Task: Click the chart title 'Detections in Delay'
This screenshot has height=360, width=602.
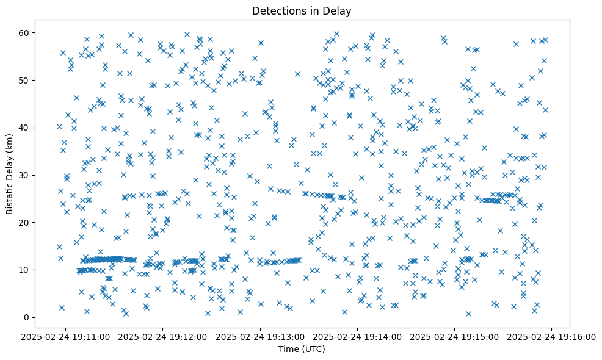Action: [302, 10]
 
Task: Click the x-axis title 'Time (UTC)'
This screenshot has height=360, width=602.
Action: [302, 350]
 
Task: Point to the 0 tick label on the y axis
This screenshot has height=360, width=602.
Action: [26, 317]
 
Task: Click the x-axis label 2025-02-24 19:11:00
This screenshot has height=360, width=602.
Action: [67, 336]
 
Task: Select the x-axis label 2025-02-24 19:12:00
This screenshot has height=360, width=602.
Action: [164, 336]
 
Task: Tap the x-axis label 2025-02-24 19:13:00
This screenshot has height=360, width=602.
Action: [261, 336]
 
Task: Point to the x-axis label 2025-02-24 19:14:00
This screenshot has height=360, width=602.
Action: [358, 336]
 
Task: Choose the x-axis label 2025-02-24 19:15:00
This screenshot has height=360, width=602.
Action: [455, 336]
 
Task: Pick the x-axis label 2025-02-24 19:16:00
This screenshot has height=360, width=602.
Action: [552, 336]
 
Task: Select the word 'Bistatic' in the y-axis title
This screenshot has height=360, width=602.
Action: [10, 197]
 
